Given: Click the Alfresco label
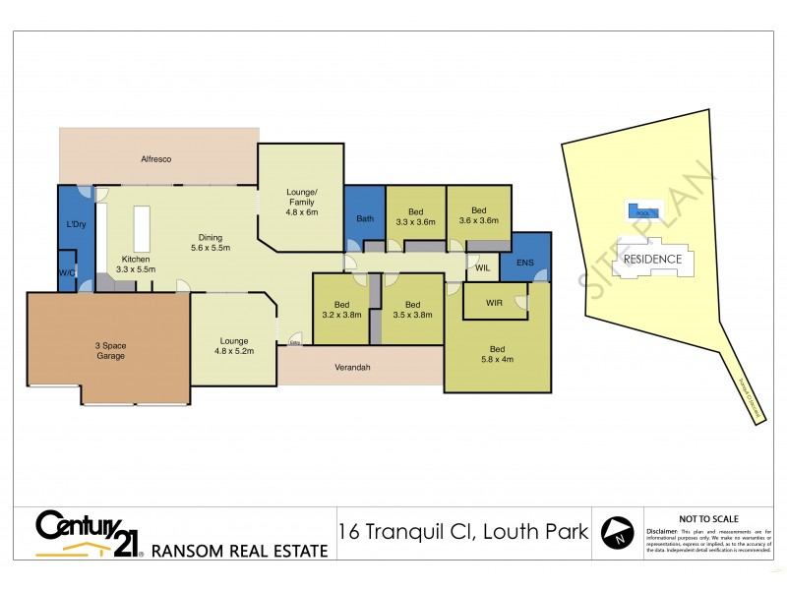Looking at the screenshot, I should coord(156,158).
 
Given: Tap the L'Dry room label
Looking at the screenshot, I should coord(77,225).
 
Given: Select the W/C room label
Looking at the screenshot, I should coord(67,271).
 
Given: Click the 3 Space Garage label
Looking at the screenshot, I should coord(110,350).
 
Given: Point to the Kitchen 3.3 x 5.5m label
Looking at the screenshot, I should coord(136,264).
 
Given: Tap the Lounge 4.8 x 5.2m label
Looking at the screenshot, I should coord(233,347).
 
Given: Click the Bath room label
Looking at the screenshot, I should coord(365,218).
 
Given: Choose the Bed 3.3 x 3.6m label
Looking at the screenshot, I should coord(416,215).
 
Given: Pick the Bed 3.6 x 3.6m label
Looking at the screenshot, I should coord(478,215).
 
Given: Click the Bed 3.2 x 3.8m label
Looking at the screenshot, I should coord(342,310).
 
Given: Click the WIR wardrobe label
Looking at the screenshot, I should coord(494,304).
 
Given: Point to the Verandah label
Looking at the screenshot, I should coord(359,370).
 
